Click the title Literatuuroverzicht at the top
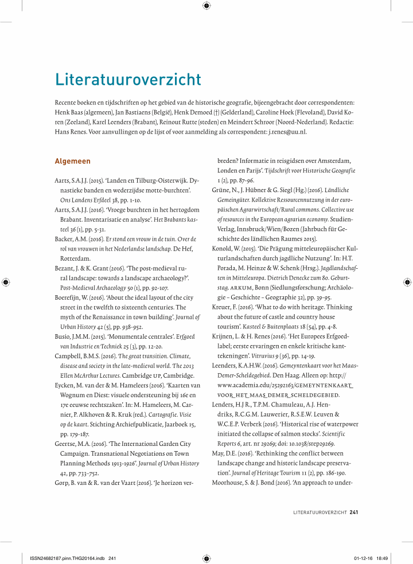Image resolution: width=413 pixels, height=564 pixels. [128, 79]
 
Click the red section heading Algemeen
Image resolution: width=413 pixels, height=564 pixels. [72, 161]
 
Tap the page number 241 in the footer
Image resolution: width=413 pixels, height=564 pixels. [354, 512]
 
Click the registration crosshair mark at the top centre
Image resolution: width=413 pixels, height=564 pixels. [206, 6]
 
